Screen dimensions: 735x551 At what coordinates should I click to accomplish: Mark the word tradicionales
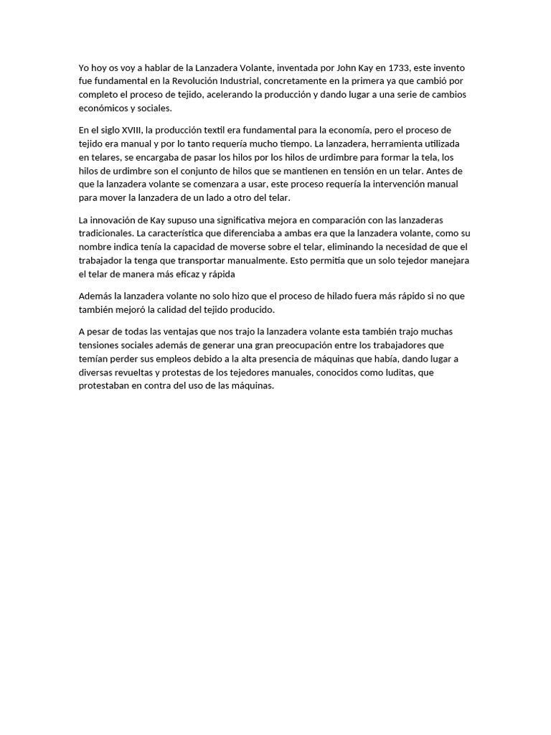coord(106,233)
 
